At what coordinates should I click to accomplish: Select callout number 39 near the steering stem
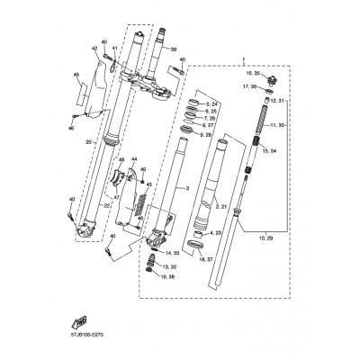tap(174, 50)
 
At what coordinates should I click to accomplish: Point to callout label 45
tap(76, 75)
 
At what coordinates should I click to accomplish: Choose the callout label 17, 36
tap(248, 86)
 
